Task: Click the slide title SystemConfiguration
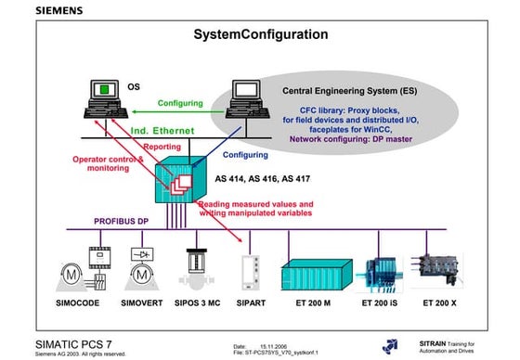pos(260,34)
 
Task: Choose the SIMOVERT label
pos(147,302)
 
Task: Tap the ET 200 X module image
pos(441,265)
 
